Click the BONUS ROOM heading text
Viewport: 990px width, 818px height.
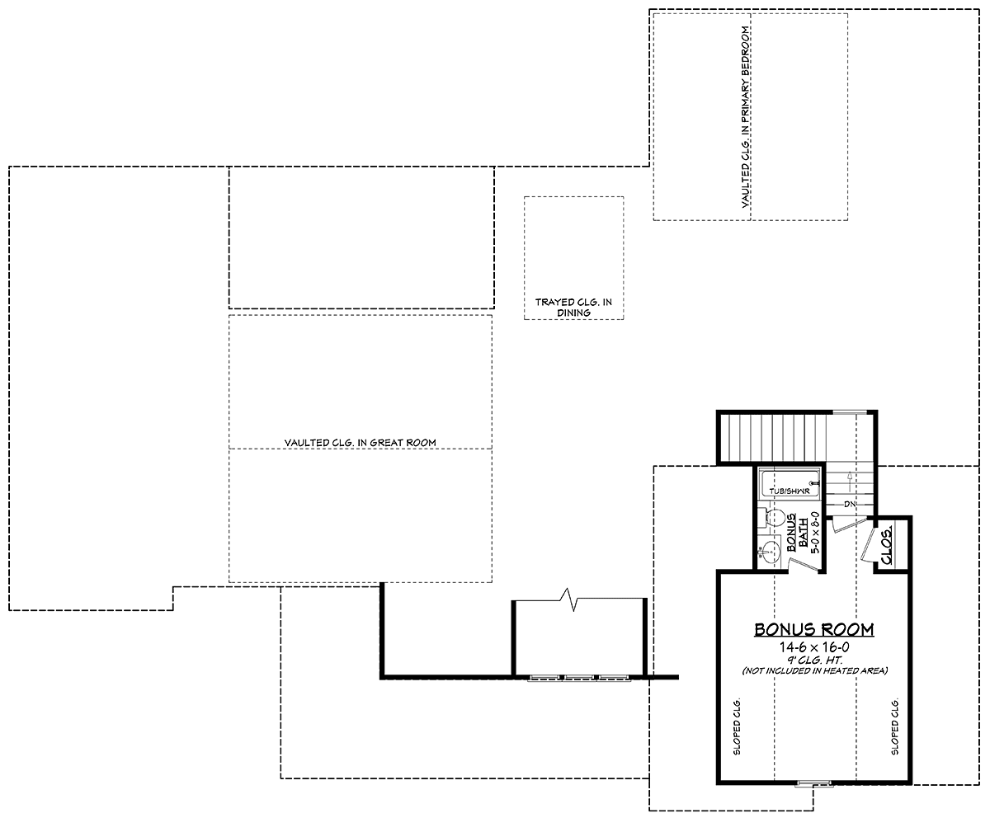[813, 629]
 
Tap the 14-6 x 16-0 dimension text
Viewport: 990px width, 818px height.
[813, 647]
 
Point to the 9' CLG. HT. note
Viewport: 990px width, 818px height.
[813, 660]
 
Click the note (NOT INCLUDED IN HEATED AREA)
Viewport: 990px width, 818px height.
[814, 670]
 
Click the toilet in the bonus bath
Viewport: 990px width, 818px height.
[770, 518]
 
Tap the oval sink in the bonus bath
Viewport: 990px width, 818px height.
[770, 552]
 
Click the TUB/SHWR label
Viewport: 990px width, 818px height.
[790, 491]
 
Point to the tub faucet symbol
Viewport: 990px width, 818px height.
[814, 483]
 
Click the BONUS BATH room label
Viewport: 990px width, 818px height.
[798, 532]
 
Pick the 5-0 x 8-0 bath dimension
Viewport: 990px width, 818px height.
[815, 532]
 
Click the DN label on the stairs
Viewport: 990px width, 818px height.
[850, 505]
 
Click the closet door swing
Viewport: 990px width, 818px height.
[869, 545]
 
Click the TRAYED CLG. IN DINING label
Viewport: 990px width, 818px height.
[573, 307]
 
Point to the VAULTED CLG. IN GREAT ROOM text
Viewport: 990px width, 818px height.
[361, 442]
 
